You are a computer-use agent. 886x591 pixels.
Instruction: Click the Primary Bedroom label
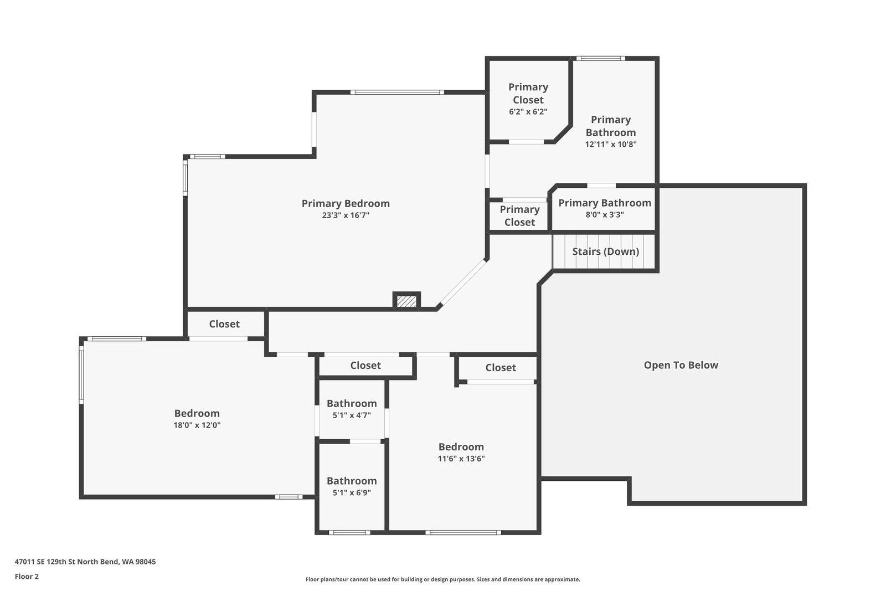[346, 203]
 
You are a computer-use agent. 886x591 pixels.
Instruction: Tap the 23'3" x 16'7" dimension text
[346, 215]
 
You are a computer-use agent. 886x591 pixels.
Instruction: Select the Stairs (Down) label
[605, 251]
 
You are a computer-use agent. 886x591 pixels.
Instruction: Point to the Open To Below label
[681, 365]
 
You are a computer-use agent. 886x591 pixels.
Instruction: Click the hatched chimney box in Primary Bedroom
[406, 301]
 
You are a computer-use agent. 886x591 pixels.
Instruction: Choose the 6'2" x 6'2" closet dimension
[528, 111]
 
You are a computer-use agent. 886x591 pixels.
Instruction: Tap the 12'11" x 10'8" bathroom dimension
[611, 145]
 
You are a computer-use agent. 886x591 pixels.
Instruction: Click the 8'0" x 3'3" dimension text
[605, 215]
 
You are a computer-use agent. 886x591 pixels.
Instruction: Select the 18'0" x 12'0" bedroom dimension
[197, 425]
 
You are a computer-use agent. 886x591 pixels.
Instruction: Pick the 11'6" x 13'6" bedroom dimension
[461, 459]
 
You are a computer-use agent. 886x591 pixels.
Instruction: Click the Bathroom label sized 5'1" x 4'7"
[352, 403]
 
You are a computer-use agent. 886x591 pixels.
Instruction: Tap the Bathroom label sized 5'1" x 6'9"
[352, 481]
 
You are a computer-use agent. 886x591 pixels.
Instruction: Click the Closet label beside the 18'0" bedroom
[224, 324]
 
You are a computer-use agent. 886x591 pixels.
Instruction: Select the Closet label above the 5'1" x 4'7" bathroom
[365, 366]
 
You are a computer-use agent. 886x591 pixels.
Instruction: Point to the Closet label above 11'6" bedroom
[501, 368]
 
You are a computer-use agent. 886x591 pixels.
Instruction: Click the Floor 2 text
[27, 577]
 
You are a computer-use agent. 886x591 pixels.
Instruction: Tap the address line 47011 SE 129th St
[85, 562]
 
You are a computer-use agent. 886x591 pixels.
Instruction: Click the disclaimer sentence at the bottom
[442, 579]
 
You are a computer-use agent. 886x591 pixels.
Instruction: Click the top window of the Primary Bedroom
[398, 92]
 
